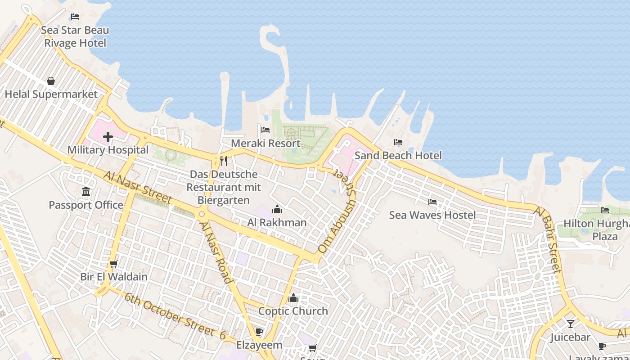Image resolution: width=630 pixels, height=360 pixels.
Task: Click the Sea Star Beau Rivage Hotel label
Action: coord(75,37)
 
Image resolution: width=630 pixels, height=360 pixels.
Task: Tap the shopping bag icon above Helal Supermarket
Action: coord(51,81)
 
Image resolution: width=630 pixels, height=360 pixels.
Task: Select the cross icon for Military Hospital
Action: coord(108,137)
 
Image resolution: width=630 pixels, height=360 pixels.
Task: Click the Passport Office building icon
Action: coord(86,192)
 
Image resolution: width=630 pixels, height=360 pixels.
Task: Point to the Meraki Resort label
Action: coord(265,144)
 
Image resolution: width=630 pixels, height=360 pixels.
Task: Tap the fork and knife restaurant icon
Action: coord(224,161)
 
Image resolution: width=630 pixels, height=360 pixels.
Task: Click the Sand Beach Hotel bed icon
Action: coord(398,142)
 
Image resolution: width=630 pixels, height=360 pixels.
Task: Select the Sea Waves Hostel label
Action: coord(432,215)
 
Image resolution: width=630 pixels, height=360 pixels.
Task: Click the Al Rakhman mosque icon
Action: coord(277,210)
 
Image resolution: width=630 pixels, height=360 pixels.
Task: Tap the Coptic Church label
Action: coord(293,311)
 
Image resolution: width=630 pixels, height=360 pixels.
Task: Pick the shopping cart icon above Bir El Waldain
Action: coord(113,264)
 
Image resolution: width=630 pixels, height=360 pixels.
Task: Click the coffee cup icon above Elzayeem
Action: coord(259,332)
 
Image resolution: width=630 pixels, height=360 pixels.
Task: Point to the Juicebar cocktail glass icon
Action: coord(571,324)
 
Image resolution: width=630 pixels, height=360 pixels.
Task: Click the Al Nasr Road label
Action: coord(216,252)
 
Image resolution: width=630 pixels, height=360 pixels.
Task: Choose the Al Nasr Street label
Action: coord(137,187)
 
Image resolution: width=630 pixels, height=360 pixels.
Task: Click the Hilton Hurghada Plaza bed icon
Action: coord(605,210)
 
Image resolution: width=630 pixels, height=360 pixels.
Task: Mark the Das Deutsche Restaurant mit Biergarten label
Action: coord(224,187)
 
